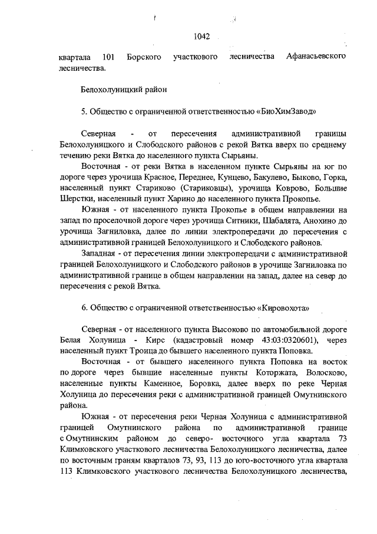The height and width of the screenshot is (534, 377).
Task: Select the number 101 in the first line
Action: click(107, 57)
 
